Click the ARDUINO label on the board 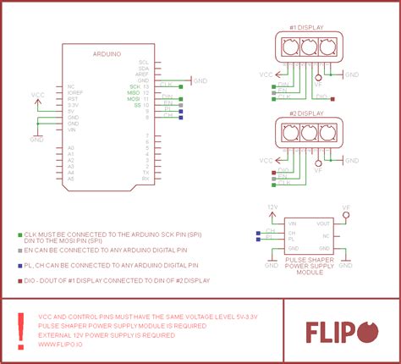[x=107, y=53]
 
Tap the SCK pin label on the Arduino [x=135, y=86]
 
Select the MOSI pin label [x=134, y=100]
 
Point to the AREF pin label [x=142, y=74]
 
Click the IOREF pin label [x=74, y=92]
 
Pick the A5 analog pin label [x=71, y=179]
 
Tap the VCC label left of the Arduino [x=37, y=95]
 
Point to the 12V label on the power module [x=272, y=206]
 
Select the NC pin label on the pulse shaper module [x=326, y=235]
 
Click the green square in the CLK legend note [x=19, y=233]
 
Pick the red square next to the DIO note [x=19, y=280]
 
